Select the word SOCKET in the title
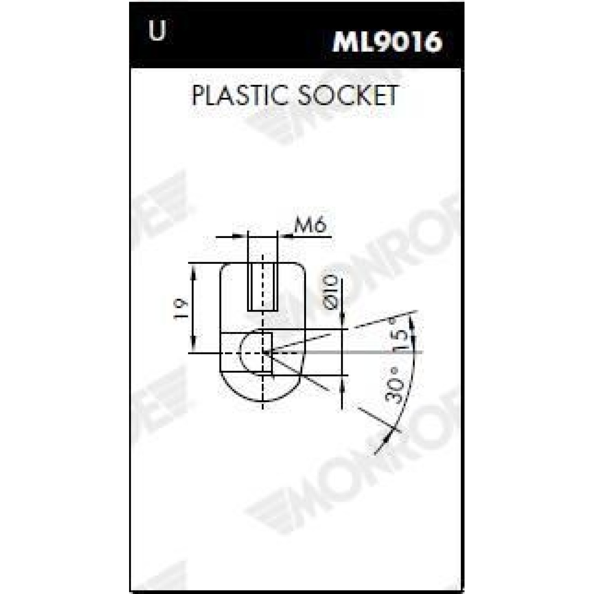(347, 95)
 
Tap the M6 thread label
(310, 227)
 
